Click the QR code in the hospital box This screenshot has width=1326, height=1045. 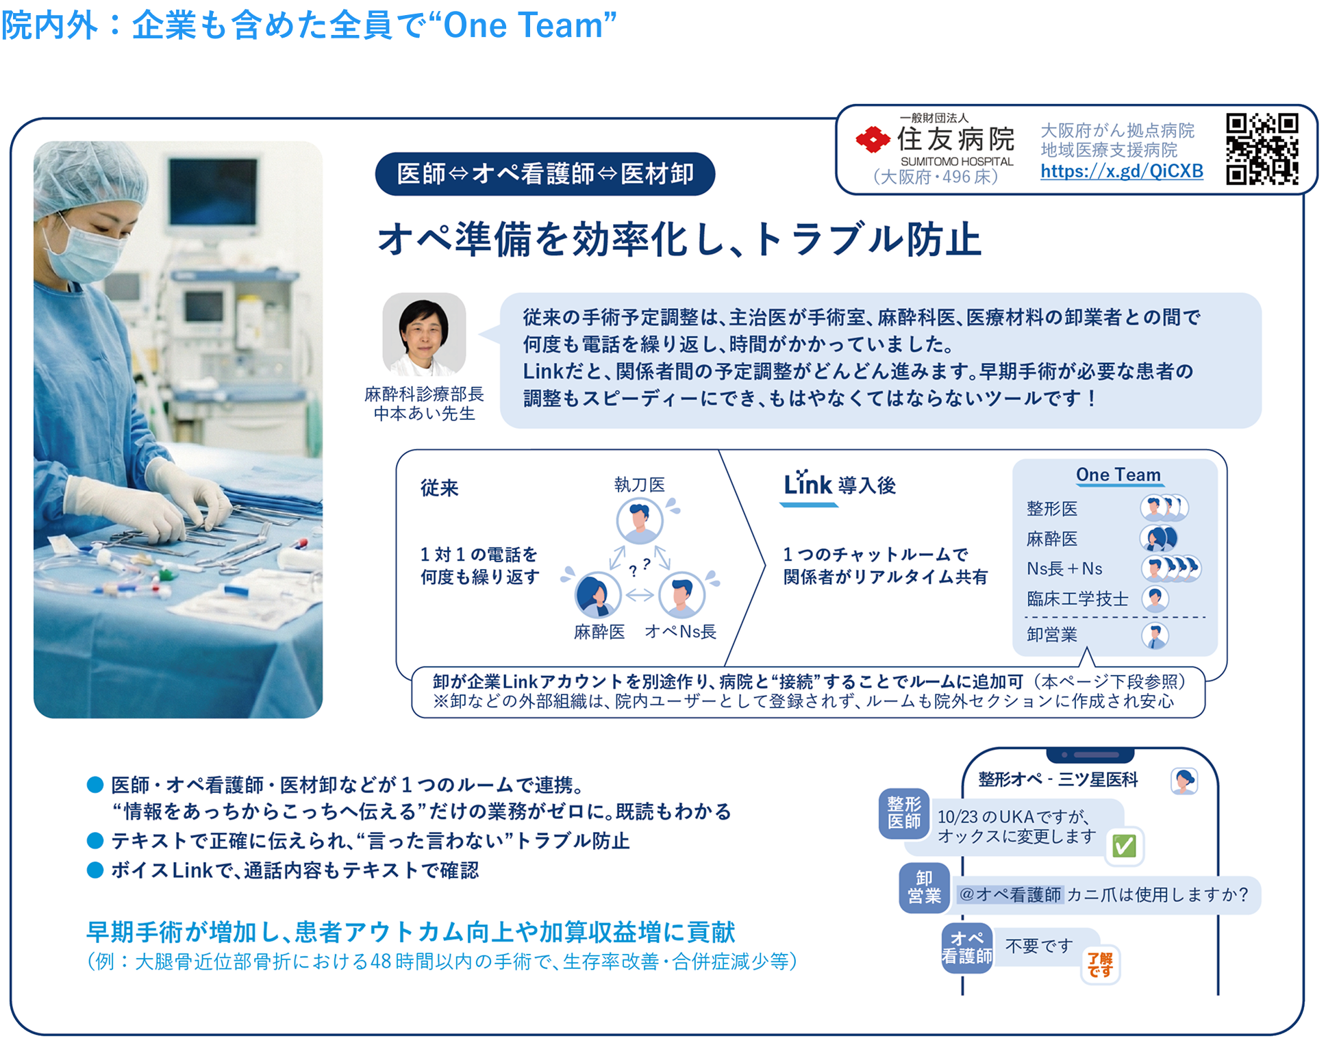tap(1262, 149)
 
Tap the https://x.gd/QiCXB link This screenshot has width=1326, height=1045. tap(1121, 171)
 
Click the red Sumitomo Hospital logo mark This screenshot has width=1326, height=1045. tap(872, 140)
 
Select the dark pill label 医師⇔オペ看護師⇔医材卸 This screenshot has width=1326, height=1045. tap(545, 174)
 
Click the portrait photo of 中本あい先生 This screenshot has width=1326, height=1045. tap(424, 335)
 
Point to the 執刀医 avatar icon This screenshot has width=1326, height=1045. tap(639, 521)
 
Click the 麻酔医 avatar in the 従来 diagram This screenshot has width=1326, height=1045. tap(597, 595)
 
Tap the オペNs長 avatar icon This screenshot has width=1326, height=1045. tap(681, 594)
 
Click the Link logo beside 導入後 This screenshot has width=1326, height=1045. tap(808, 485)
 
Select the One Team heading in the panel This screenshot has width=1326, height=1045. tap(1118, 475)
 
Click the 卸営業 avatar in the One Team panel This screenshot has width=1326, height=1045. tap(1155, 635)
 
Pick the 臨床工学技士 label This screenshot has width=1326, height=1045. tap(1077, 599)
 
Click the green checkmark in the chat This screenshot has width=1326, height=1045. tap(1124, 846)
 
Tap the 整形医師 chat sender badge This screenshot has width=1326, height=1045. tap(904, 813)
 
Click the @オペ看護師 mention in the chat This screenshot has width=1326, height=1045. tap(1010, 894)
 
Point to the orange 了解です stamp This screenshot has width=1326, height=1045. tap(1100, 965)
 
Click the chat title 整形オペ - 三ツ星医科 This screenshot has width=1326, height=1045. tap(1058, 779)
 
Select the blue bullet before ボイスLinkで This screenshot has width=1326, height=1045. tap(95, 870)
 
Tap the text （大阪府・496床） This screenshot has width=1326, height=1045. tap(936, 177)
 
